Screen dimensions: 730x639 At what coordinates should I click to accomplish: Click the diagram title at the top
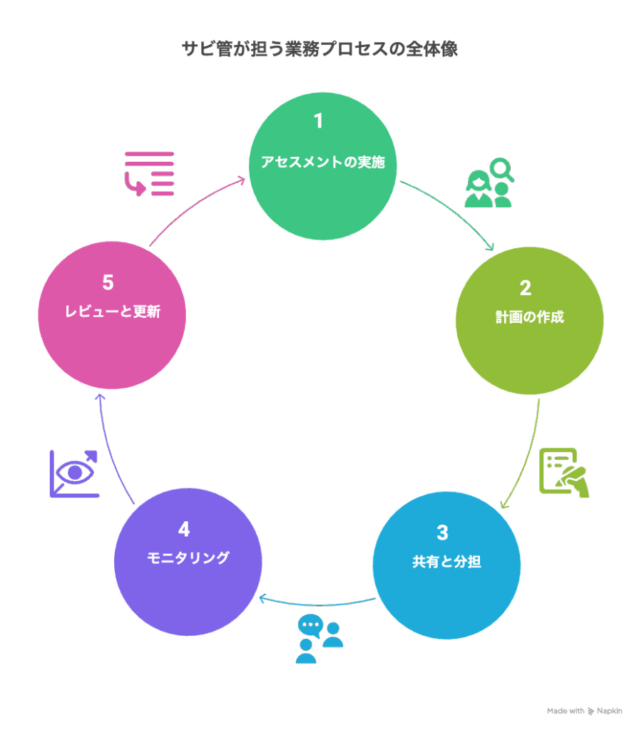(319, 50)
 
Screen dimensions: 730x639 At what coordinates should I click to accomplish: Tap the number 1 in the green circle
(319, 121)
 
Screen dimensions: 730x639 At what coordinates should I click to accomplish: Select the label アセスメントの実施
(322, 162)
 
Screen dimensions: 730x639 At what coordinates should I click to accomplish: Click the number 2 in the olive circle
(526, 288)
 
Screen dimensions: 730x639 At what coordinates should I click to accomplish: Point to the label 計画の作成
(530, 317)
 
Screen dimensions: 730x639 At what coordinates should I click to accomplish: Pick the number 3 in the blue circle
(443, 533)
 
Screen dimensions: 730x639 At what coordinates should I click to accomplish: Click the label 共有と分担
(446, 562)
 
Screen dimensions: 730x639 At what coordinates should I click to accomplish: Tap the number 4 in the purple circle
(184, 530)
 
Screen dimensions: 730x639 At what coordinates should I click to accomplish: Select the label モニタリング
(188, 557)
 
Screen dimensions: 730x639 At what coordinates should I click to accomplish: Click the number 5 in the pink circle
(108, 283)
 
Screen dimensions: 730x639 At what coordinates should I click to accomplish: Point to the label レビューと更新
(111, 312)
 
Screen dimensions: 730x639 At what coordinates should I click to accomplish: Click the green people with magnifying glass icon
(489, 182)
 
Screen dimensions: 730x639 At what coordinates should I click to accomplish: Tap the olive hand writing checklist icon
(564, 473)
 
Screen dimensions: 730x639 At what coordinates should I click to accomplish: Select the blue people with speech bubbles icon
(319, 638)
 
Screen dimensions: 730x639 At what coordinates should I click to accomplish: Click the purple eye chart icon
(73, 473)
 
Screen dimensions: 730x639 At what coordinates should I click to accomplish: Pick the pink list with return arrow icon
(149, 173)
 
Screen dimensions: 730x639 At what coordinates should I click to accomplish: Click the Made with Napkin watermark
(584, 711)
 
